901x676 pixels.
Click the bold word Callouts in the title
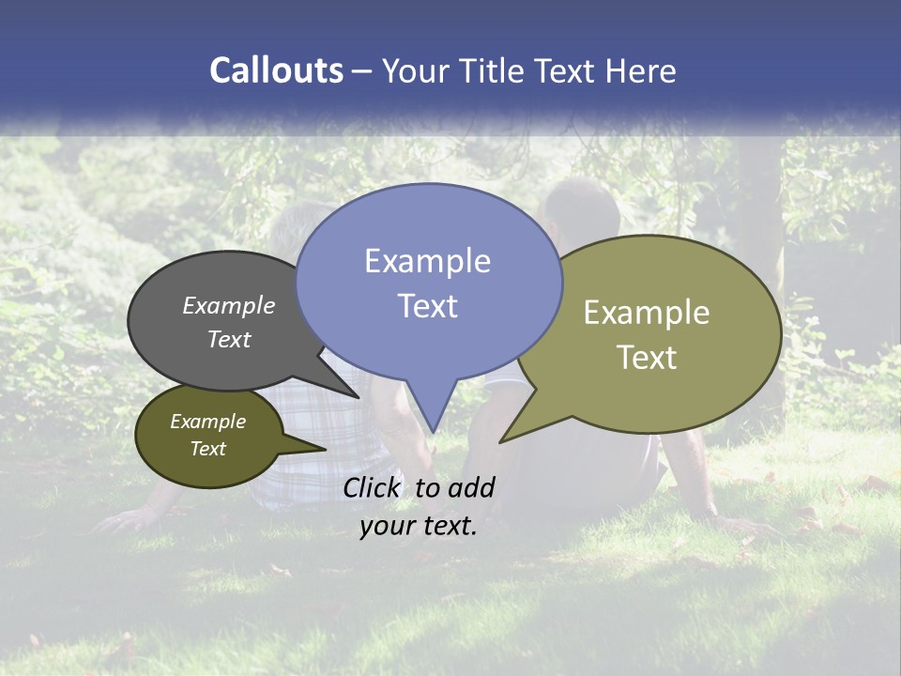click(x=276, y=70)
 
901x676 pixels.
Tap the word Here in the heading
click(x=641, y=70)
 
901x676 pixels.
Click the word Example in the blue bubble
click(x=427, y=261)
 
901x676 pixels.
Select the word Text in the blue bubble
click(x=427, y=306)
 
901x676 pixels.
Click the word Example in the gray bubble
click(x=228, y=305)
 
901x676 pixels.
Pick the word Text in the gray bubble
click(x=228, y=340)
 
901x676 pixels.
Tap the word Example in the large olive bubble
click(x=646, y=313)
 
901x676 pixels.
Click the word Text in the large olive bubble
click(x=646, y=358)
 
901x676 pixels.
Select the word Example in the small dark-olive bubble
click(x=207, y=422)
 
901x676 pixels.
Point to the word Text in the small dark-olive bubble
click(x=207, y=449)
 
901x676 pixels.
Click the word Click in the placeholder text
click(x=373, y=487)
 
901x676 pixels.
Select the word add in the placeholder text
click(x=470, y=487)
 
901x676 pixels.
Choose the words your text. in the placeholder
click(x=418, y=526)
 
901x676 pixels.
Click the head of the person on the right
click(x=581, y=211)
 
